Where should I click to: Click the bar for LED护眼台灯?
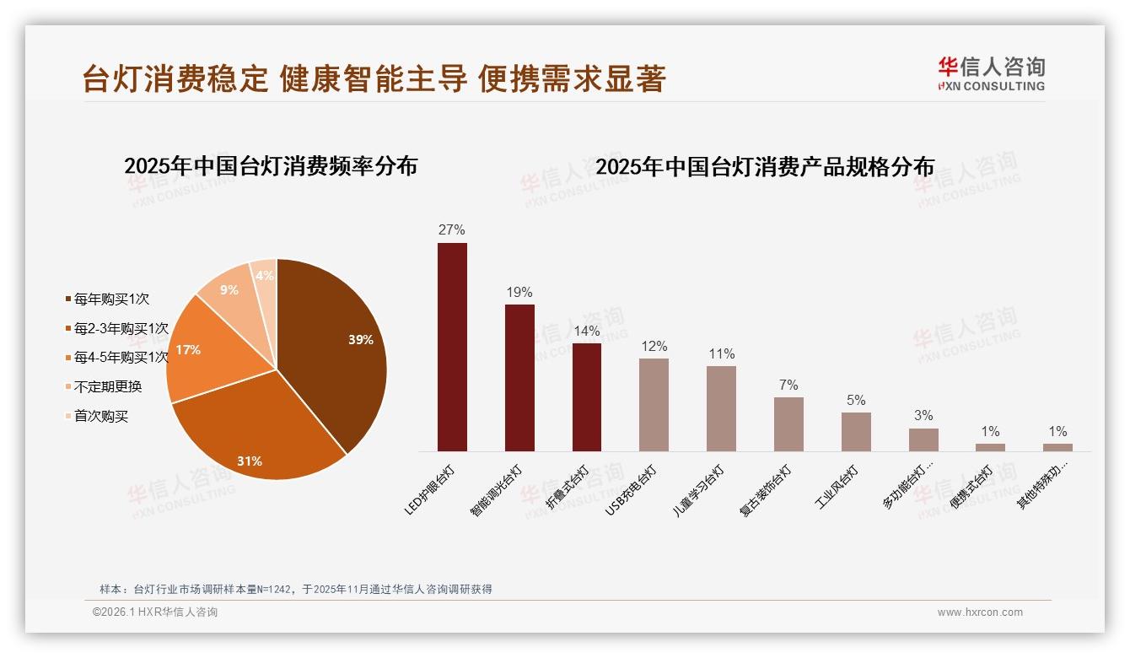click(x=452, y=347)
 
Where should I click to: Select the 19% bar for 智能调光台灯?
click(x=519, y=378)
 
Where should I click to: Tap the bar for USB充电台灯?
click(x=654, y=405)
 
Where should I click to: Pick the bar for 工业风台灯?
click(x=856, y=432)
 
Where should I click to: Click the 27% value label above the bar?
click(x=452, y=230)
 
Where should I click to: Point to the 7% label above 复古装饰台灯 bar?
click(x=788, y=385)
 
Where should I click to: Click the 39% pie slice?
click(x=337, y=346)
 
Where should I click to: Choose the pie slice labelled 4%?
click(x=265, y=277)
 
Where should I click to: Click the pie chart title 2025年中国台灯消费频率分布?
click(x=271, y=166)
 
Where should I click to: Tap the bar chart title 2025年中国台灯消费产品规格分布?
click(x=765, y=167)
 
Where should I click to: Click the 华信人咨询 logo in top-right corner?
click(x=991, y=74)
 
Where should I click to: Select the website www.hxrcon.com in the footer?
click(x=980, y=612)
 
